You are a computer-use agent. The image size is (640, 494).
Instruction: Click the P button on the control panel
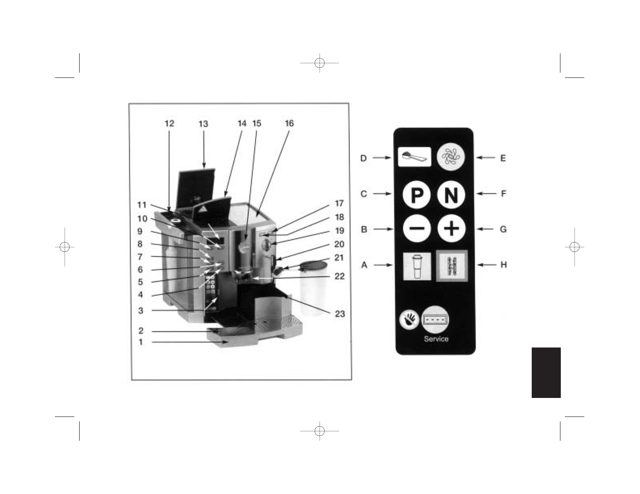[x=417, y=195]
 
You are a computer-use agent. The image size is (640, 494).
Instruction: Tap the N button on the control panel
[x=451, y=195]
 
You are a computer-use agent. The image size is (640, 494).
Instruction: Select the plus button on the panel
[x=451, y=228]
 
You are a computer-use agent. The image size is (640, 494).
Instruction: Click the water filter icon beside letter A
[x=417, y=266]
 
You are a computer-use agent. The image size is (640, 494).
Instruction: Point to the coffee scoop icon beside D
[x=415, y=157]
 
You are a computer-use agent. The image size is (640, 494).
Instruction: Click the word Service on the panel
[x=436, y=339]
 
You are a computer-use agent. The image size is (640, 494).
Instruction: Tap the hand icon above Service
[x=409, y=320]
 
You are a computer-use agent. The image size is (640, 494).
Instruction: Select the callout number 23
[x=340, y=314]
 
